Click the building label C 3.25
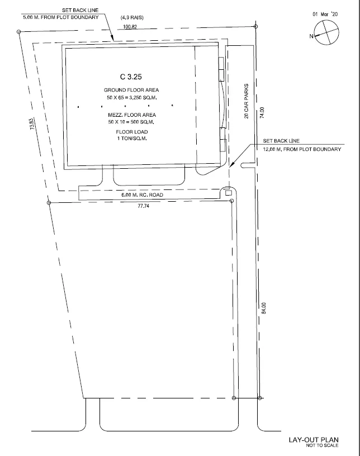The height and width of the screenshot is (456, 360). pos(131,77)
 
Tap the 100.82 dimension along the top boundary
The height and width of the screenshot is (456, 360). pos(130,27)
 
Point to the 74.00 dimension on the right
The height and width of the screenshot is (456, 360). pos(262,112)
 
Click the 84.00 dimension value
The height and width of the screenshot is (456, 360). pos(264,308)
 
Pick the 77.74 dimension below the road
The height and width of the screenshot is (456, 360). pos(143,206)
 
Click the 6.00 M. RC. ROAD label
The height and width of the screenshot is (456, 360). pos(143,195)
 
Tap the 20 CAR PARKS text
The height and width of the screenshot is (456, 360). pos(247,101)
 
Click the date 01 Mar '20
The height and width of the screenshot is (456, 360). pos(325,15)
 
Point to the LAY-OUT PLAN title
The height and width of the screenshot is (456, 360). pos(314,440)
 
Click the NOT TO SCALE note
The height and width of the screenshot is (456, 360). pos(322,445)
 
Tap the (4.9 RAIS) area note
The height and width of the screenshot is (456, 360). pos(132,18)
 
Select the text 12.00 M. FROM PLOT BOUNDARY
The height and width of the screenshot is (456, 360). pos(302,149)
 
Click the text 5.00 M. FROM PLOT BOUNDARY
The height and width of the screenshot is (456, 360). pos(61,17)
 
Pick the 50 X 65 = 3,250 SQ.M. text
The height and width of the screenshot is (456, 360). pos(132,97)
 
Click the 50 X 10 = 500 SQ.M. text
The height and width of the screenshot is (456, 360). pos(131,122)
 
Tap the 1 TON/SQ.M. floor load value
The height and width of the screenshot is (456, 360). pos(132,139)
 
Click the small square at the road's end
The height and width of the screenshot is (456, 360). pos(229,193)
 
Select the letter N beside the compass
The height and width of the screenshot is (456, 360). pos(311,36)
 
